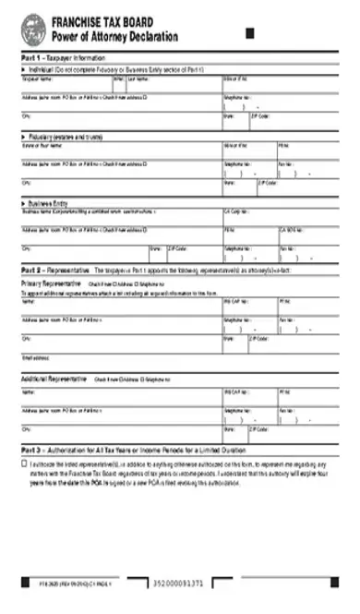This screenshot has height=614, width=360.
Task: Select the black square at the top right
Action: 249,35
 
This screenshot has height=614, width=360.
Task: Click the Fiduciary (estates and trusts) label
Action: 65,137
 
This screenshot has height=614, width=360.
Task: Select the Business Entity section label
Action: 54,202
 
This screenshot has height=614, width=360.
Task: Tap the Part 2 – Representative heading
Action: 55,270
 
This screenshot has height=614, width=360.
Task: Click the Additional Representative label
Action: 55,379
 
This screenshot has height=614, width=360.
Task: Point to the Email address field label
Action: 35,357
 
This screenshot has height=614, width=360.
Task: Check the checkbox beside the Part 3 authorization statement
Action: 25,464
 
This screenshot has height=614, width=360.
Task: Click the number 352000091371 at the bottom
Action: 181,583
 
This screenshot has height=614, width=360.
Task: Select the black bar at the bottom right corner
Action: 315,583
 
